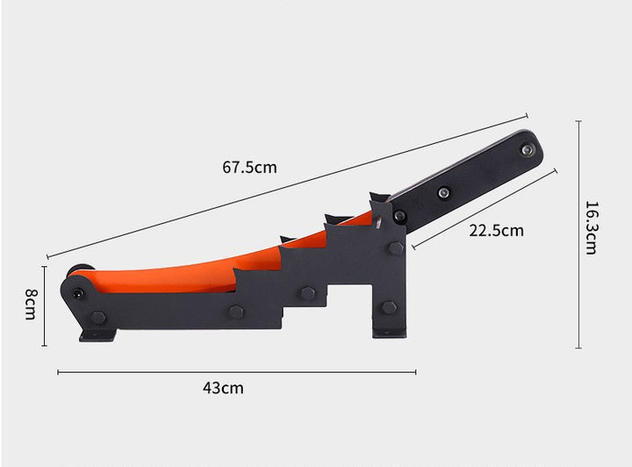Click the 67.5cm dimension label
point(249,167)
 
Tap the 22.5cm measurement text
point(496,231)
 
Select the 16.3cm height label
point(591,227)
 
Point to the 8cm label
point(31,305)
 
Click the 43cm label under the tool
point(223,388)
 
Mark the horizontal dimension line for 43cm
point(237,372)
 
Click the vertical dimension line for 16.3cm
point(578,234)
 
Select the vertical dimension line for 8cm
point(45,305)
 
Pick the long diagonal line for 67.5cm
point(287,187)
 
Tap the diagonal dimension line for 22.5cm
point(485,209)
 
